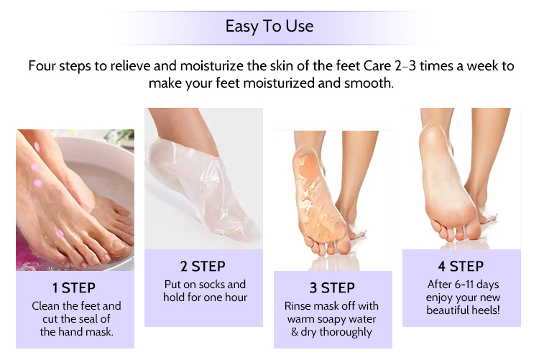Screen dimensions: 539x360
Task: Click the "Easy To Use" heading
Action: click(269, 26)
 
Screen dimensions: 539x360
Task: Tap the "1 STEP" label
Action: click(74, 288)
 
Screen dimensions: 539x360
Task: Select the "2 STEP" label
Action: click(203, 266)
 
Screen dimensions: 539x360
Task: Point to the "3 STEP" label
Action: click(332, 288)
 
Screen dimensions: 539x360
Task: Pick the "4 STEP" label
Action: click(461, 266)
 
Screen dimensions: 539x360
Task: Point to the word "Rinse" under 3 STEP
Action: click(297, 305)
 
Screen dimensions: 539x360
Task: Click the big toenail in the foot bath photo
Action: click(119, 245)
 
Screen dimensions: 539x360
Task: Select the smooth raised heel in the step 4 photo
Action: click(433, 144)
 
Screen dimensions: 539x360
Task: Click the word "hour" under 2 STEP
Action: click(236, 297)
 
